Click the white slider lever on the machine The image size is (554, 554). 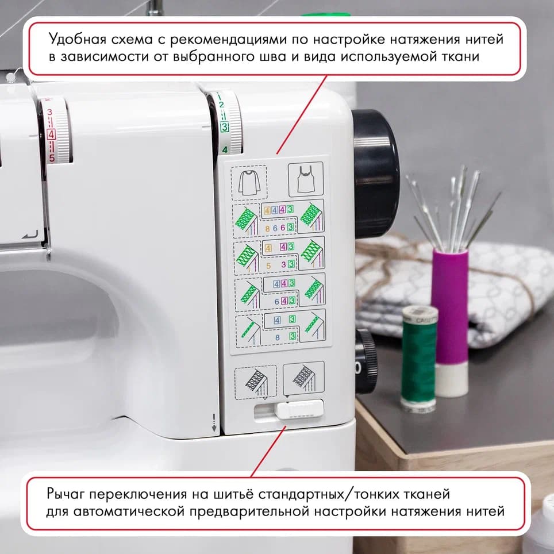click(x=299, y=409)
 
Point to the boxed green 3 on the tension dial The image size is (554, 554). click(x=224, y=126)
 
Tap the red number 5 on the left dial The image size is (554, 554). click(x=51, y=157)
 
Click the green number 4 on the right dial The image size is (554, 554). click(x=225, y=150)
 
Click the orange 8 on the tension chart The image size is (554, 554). click(x=267, y=228)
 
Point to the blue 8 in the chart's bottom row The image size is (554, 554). click(x=277, y=337)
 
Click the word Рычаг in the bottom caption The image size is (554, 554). click(x=66, y=494)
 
